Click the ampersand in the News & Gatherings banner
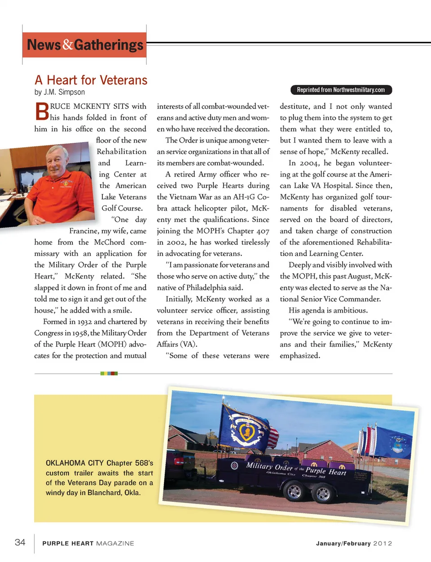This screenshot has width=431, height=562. (68, 44)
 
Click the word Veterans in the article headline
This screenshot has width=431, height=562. (123, 80)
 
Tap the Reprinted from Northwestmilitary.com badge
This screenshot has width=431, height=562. (341, 90)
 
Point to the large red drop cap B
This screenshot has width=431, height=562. (42, 111)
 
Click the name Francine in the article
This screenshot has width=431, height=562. (84, 231)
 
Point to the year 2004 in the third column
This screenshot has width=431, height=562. (309, 163)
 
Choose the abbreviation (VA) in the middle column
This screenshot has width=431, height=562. (189, 344)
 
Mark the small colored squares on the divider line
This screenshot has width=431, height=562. (109, 373)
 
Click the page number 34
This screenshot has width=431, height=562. (20, 542)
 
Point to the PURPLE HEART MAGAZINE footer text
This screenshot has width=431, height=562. (88, 544)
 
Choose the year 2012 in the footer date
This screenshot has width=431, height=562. (383, 544)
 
